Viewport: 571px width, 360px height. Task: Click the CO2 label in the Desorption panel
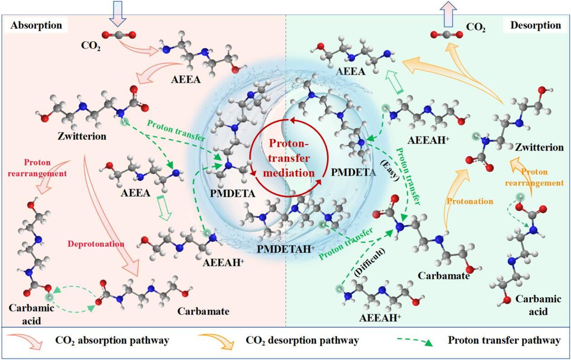click(x=475, y=28)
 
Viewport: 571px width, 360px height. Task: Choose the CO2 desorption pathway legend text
click(x=302, y=340)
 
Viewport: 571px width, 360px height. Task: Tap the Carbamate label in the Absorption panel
click(x=203, y=311)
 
